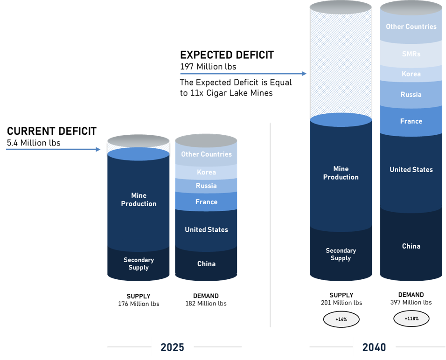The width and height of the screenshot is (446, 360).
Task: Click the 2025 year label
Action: (172, 347)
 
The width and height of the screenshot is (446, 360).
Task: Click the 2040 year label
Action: (374, 347)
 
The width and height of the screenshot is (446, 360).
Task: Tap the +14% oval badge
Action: (341, 319)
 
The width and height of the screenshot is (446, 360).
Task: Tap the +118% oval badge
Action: (411, 319)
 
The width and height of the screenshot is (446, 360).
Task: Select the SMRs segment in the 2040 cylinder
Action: (411, 54)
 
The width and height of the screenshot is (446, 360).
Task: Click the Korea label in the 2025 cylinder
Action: (206, 172)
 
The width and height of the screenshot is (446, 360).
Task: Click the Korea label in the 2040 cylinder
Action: (411, 74)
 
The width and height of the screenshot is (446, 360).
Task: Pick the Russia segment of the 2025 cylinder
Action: (206, 186)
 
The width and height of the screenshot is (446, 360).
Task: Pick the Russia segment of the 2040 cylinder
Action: (411, 95)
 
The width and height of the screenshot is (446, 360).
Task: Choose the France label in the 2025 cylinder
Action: (206, 202)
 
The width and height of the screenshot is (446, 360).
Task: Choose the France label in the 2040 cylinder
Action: (411, 121)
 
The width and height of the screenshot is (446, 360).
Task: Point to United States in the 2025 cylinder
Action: (206, 229)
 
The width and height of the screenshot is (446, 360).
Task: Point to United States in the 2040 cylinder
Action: (411, 170)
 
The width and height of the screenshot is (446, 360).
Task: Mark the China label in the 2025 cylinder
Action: (206, 264)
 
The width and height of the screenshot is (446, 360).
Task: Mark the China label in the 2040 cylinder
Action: (411, 246)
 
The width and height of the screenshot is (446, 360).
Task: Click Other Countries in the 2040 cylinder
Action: (411, 27)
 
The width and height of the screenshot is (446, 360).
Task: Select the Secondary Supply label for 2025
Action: (139, 263)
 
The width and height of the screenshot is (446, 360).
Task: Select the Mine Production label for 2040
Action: (341, 173)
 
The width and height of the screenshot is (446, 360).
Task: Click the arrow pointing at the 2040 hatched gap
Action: (243, 74)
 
